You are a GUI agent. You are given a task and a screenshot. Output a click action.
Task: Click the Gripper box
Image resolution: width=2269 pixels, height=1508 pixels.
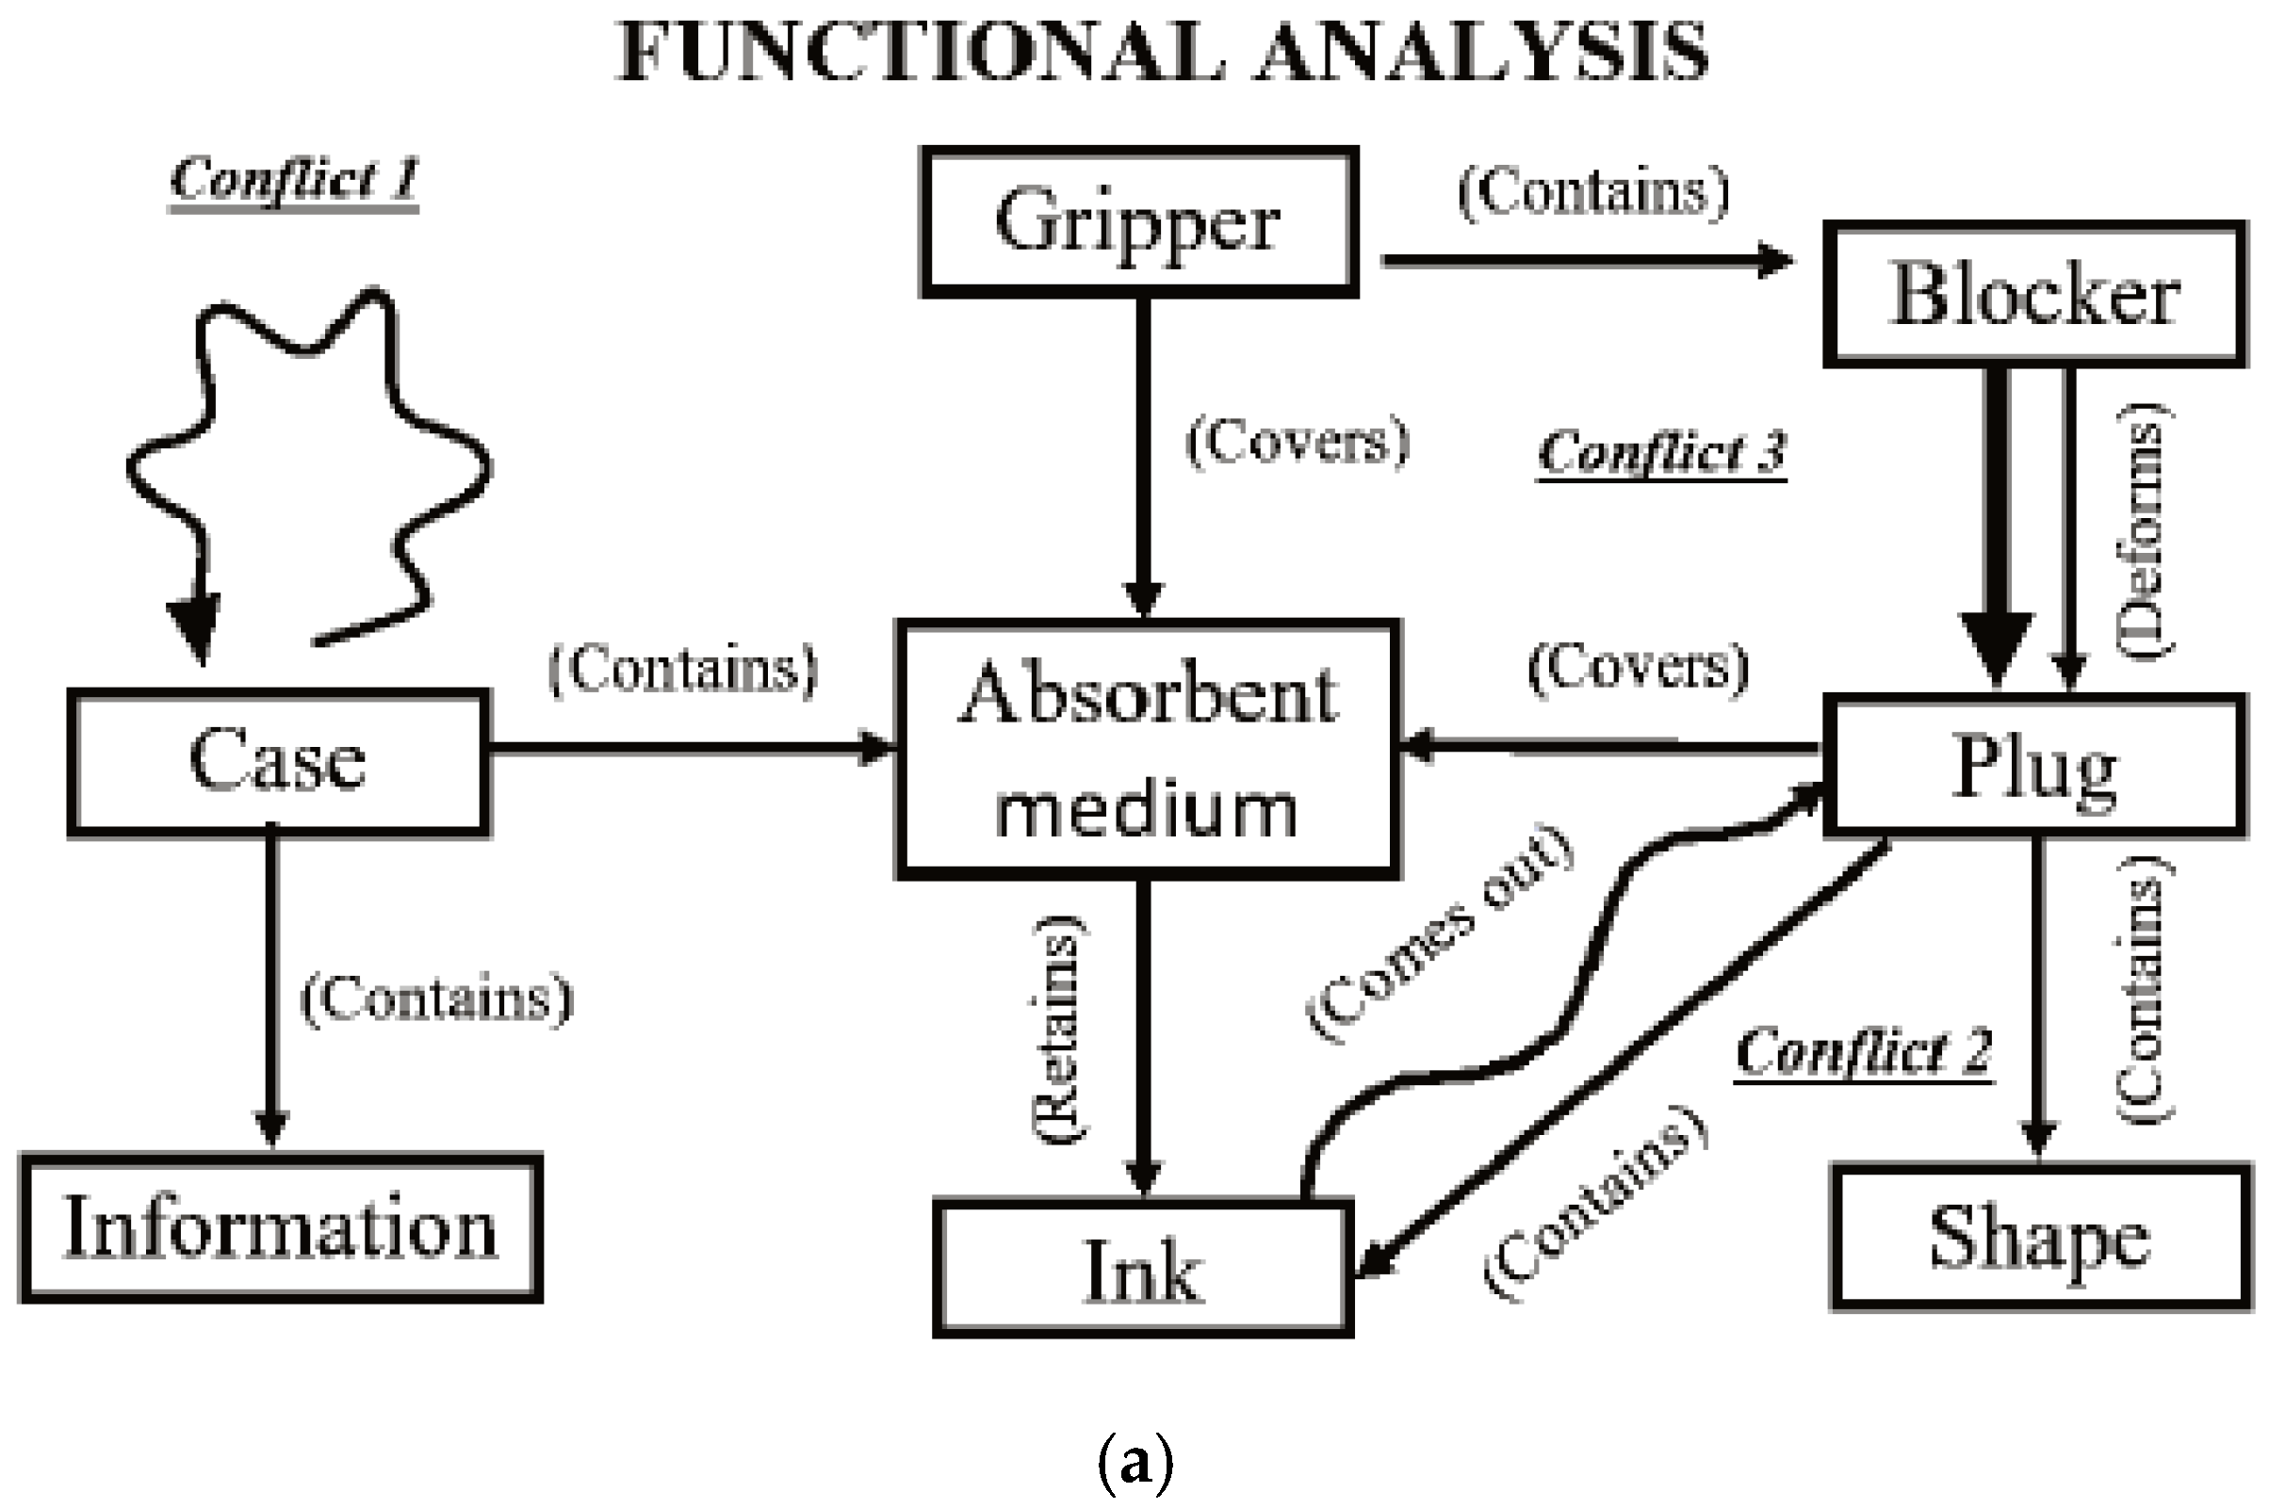1139,221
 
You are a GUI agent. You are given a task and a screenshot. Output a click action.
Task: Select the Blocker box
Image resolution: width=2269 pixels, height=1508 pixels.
2034,294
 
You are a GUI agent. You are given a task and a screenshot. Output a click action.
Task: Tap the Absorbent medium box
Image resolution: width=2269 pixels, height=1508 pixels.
1147,749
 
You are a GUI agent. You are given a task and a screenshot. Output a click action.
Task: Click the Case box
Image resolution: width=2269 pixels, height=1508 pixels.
278,761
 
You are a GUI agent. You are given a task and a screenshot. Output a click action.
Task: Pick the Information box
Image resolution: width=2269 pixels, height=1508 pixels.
280,1228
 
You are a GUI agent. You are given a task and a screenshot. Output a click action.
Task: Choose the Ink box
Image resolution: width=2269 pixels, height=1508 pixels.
1143,1270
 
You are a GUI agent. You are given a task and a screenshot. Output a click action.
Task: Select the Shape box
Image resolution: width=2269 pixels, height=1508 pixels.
2040,1238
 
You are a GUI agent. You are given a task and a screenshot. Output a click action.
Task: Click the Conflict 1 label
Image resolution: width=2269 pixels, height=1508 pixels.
294,180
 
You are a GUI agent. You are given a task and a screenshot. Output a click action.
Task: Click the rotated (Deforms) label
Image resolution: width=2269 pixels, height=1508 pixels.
2145,529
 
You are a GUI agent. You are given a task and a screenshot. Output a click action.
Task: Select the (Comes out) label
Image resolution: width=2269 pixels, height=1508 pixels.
1440,932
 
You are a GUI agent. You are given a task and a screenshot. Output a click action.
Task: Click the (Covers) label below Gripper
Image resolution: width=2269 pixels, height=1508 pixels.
1297,443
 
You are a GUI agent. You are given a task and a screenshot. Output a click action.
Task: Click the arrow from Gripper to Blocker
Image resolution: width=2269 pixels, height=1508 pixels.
1587,260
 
